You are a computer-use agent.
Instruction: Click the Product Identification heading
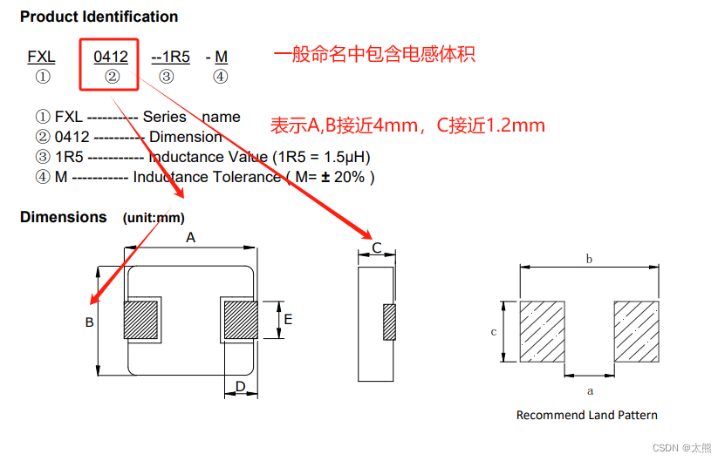click(x=99, y=17)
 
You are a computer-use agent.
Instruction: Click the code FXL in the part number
click(x=41, y=57)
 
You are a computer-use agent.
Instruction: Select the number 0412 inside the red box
click(x=111, y=57)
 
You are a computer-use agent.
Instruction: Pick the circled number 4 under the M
click(x=221, y=77)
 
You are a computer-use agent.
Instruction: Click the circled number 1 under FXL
click(x=42, y=77)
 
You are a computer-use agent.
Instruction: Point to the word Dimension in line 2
click(x=185, y=137)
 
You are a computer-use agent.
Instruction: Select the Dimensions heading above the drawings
click(x=64, y=217)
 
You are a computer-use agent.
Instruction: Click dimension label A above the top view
click(x=191, y=237)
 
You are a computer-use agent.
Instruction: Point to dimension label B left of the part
click(x=89, y=322)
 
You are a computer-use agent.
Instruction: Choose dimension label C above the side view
click(x=377, y=248)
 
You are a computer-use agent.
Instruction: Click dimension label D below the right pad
click(x=241, y=386)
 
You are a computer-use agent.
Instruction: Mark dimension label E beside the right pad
click(x=288, y=319)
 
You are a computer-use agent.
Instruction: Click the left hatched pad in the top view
click(x=141, y=320)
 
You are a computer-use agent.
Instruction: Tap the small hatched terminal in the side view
click(x=389, y=322)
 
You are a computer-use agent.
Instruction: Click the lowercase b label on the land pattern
click(x=589, y=259)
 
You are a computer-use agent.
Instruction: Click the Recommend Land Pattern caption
click(x=586, y=415)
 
